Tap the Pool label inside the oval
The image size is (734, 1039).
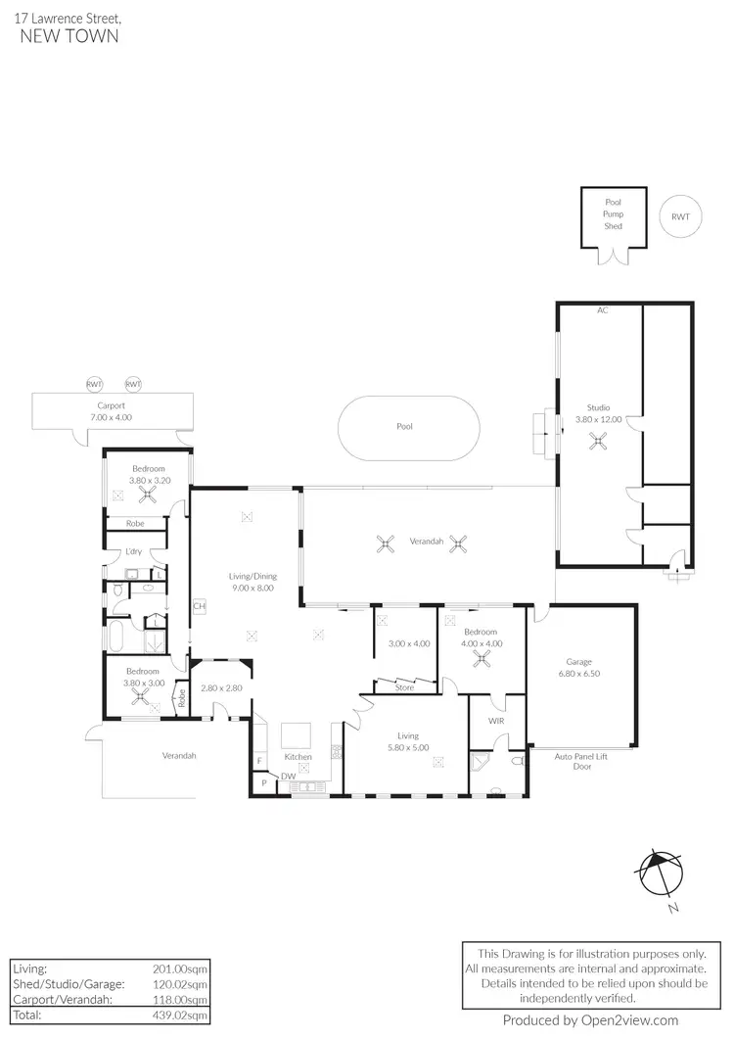(404, 427)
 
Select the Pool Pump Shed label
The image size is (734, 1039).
(613, 213)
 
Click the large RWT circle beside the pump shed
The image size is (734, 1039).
(680, 217)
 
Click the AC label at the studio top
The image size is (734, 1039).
(603, 310)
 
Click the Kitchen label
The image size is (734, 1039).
(298, 757)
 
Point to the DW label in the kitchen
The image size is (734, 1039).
(288, 777)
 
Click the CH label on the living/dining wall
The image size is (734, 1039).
(199, 606)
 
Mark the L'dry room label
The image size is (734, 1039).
(135, 551)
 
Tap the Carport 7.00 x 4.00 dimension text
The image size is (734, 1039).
(111, 411)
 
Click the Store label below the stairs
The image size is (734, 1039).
(403, 687)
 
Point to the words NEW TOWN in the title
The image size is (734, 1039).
(69, 36)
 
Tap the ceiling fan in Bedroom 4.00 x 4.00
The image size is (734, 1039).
(481, 658)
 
